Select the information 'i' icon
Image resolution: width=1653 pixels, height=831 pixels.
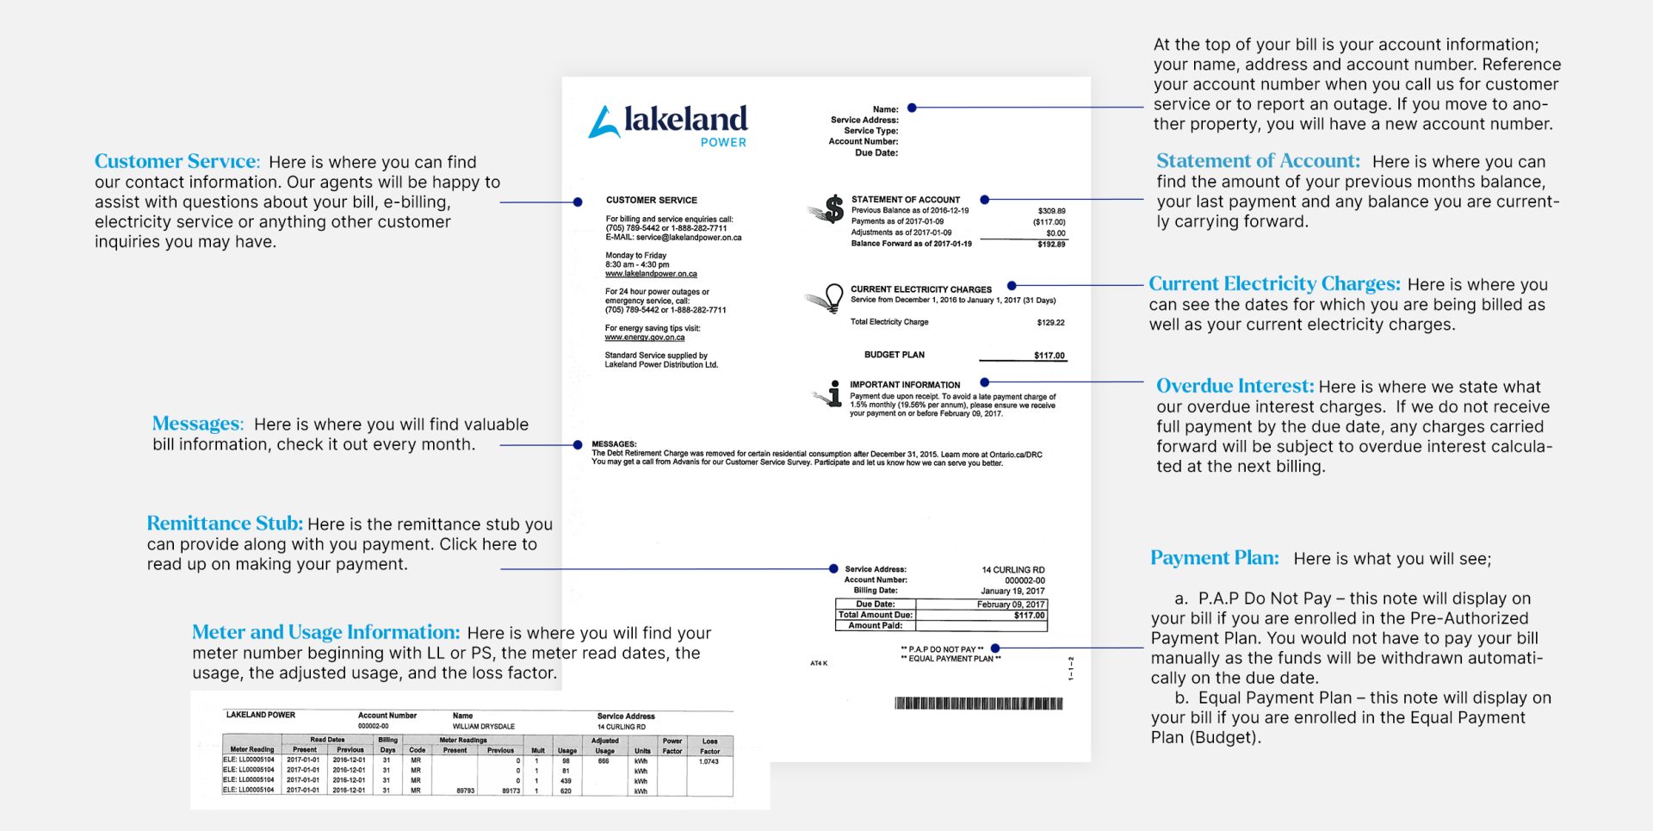pos(833,394)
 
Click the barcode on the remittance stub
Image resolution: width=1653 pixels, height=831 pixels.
pos(979,704)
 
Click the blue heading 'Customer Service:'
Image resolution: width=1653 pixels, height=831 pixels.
pos(176,161)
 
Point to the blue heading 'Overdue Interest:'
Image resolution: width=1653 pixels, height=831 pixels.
pos(1235,386)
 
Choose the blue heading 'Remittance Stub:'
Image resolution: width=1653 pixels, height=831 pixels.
pos(224,524)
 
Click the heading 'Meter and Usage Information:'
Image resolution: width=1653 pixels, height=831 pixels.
pos(325,632)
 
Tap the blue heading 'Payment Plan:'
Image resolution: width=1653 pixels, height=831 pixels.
pos(1214,558)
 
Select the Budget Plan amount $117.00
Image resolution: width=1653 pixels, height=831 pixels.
pos(1049,356)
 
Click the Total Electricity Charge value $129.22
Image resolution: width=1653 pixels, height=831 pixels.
pos(1050,323)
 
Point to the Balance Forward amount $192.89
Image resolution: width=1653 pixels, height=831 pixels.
pos(1051,245)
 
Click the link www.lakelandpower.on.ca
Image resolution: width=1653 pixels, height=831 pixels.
pos(651,274)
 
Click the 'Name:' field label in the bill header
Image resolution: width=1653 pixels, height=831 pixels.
pos(885,109)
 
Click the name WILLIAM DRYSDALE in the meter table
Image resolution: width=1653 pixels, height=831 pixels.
pos(483,727)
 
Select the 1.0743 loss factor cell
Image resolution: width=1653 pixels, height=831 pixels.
pos(709,761)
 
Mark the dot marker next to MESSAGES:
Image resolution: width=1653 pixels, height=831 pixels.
pos(578,445)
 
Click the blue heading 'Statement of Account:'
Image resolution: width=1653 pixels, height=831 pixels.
pos(1258,161)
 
